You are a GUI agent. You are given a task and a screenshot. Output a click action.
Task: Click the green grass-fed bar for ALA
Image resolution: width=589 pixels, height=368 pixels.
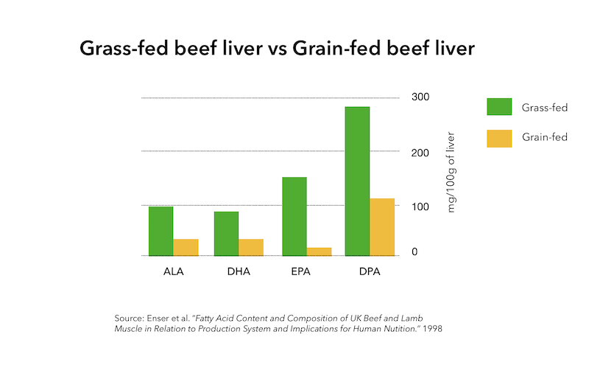tap(161, 231)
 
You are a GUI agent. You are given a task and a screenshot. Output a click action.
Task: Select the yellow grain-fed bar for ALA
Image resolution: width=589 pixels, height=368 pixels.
tap(186, 247)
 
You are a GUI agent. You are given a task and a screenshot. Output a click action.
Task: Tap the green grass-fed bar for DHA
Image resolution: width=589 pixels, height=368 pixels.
tap(226, 234)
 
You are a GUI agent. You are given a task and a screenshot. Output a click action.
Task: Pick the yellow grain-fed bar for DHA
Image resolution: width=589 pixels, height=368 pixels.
tap(251, 247)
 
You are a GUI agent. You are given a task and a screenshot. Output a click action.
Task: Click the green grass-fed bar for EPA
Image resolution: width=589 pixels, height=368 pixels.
tap(294, 216)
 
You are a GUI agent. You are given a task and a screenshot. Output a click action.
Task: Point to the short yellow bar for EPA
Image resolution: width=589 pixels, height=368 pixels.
tap(319, 251)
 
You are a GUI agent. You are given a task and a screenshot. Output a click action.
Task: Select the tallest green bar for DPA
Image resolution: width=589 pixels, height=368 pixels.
tap(357, 181)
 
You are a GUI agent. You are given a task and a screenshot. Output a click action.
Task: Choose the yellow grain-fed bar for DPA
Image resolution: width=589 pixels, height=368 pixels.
tap(382, 227)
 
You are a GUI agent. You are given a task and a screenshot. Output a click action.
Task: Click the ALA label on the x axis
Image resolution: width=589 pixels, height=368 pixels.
tap(174, 271)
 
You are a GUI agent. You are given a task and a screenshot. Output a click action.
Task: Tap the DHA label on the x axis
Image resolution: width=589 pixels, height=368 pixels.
tap(239, 271)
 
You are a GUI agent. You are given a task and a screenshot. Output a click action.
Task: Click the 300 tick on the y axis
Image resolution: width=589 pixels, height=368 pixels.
tap(420, 97)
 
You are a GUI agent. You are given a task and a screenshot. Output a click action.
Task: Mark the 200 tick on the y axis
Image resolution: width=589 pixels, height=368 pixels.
tap(420, 153)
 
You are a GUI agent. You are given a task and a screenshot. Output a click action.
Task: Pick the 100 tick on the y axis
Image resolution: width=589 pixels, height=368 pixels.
tap(420, 206)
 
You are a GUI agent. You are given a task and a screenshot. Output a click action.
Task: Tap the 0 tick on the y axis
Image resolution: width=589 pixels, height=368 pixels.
tap(415, 252)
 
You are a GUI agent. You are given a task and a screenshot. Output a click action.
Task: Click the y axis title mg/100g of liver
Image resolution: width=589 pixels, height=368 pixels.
tap(451, 173)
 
